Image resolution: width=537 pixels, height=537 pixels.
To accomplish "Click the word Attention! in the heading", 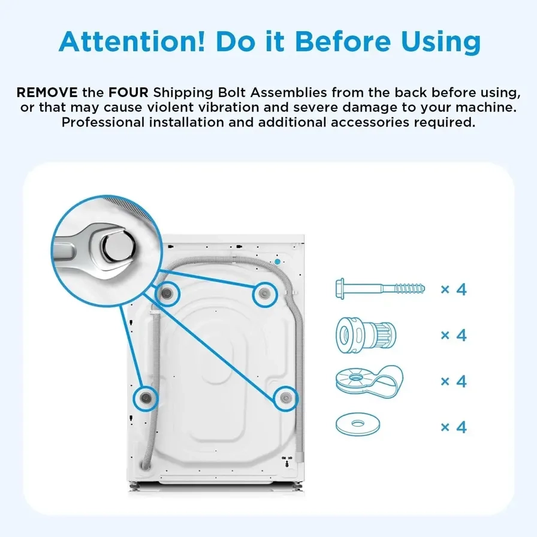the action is click(132, 41).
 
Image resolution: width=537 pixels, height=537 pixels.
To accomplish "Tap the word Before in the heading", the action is click(343, 41).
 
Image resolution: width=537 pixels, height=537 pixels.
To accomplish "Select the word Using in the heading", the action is click(441, 43).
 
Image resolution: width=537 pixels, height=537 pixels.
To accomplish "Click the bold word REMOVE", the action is click(47, 92).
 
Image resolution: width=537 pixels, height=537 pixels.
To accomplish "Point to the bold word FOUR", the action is click(128, 92).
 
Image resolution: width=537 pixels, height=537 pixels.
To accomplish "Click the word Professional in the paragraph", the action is click(102, 122).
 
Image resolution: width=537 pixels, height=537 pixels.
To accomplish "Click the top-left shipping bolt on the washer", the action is click(167, 293).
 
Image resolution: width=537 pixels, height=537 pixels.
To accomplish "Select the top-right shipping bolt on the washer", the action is click(264, 294).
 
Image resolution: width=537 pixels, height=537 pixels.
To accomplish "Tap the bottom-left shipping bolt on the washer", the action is click(146, 398).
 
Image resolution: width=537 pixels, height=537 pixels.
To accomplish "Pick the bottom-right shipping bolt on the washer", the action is click(285, 398).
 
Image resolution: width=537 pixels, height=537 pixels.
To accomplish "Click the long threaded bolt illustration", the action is click(380, 289).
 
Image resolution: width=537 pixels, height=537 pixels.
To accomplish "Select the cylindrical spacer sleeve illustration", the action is click(366, 335).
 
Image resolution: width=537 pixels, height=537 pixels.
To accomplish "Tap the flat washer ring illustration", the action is click(358, 424).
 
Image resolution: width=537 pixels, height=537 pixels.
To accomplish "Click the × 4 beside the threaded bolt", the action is click(454, 289).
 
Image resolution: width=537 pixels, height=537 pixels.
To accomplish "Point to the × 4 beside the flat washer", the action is click(454, 427).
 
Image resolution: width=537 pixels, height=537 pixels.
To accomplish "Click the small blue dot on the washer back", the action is click(277, 262).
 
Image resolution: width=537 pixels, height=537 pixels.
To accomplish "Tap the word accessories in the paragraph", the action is click(370, 122).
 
